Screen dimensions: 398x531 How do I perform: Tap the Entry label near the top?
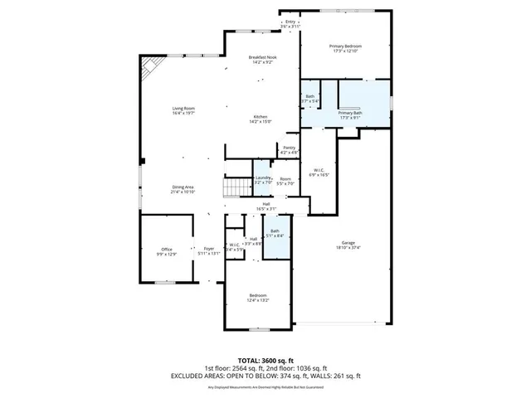[290, 24]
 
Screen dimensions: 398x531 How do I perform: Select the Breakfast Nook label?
[263, 59]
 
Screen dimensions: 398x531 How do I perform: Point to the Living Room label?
[183, 110]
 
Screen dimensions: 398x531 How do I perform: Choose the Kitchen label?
[261, 119]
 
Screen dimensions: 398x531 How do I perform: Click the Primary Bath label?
[349, 114]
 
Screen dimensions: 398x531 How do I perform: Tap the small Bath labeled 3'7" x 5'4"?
[309, 99]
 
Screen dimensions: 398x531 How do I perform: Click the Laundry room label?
[263, 179]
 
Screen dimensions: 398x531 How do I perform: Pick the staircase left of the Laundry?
[238, 187]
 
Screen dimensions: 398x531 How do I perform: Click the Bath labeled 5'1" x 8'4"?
[275, 233]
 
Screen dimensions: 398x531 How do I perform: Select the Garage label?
[348, 245]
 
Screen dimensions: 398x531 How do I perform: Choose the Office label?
[167, 251]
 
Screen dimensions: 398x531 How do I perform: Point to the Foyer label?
[208, 251]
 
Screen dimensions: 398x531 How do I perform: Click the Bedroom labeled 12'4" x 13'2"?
[258, 298]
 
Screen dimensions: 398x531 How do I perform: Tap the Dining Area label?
[183, 189]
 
